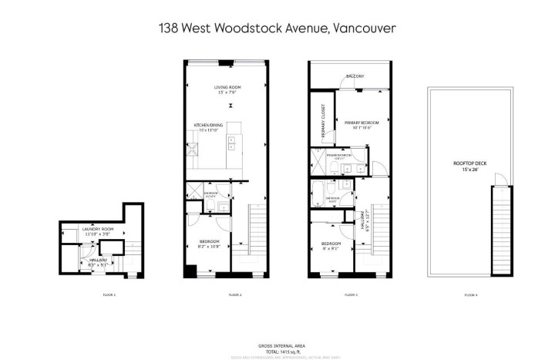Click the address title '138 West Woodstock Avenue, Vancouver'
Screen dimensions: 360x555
pyautogui.click(x=277, y=29)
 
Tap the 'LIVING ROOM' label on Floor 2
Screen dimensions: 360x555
pyautogui.click(x=227, y=88)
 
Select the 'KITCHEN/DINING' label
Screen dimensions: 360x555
pyautogui.click(x=207, y=124)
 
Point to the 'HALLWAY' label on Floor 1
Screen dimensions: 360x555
pyautogui.click(x=98, y=260)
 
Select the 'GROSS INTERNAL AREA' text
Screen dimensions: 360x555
pyautogui.click(x=277, y=345)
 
